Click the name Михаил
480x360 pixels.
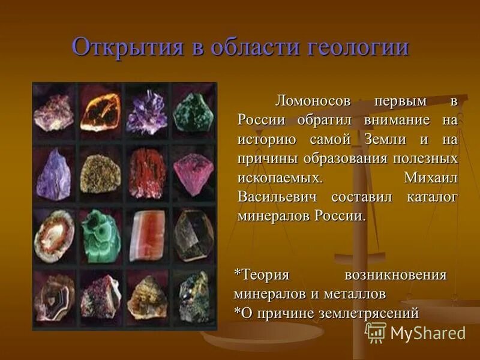(x=431, y=178)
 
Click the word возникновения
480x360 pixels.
(x=395, y=275)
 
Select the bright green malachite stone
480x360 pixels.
(x=101, y=236)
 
